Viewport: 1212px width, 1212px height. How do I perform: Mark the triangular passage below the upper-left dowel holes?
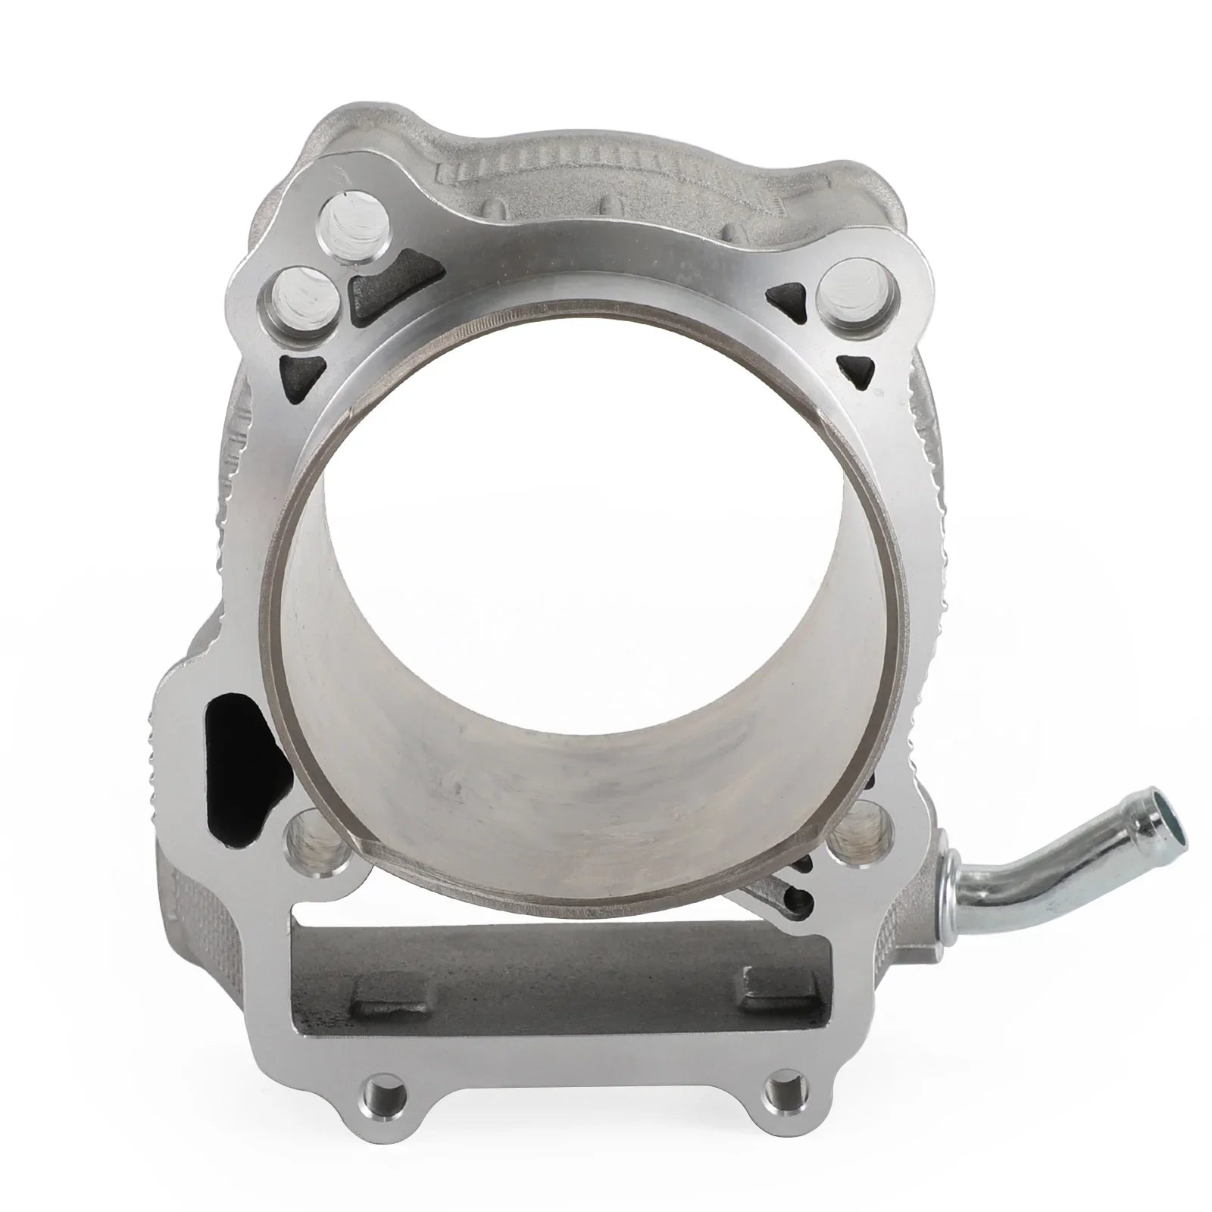(300, 371)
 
